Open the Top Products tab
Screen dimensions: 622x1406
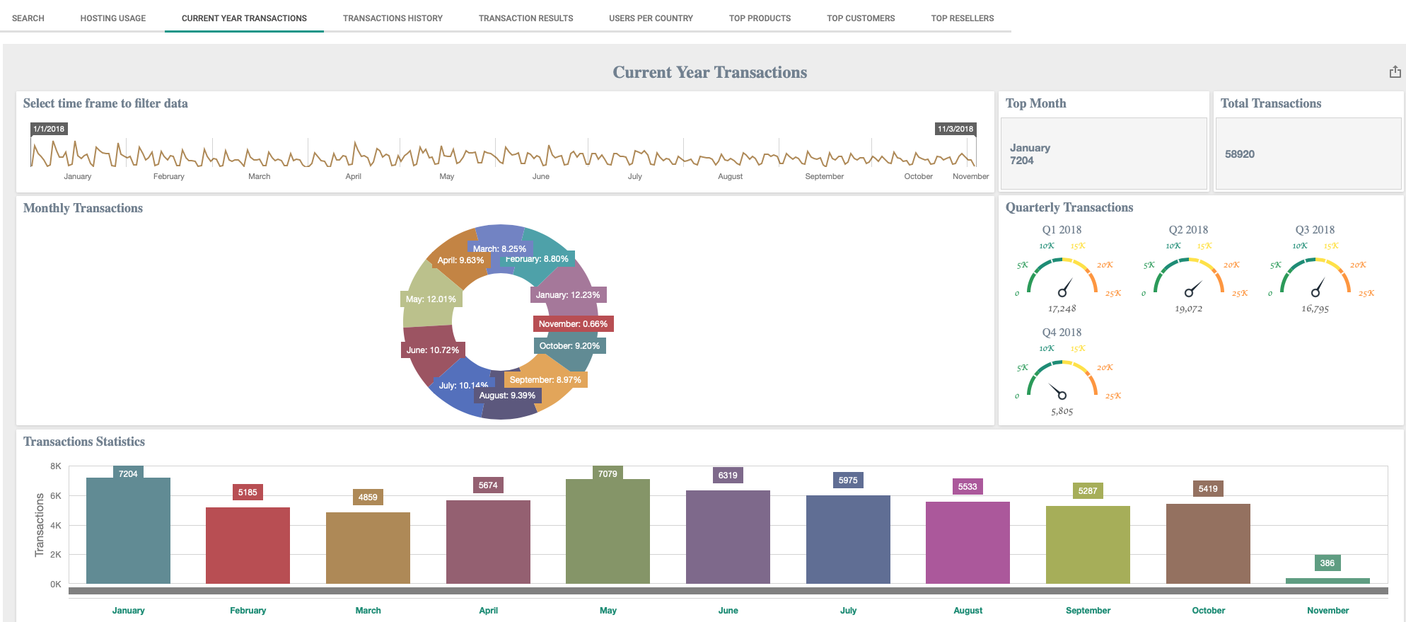(x=760, y=18)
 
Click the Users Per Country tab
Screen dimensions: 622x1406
(x=651, y=18)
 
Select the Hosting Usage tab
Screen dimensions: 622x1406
(x=112, y=18)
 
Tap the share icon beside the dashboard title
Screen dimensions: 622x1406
(x=1395, y=72)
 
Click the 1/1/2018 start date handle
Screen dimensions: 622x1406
(x=49, y=129)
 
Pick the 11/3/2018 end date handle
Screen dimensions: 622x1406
(x=955, y=129)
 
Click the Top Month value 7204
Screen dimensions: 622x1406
(x=1021, y=161)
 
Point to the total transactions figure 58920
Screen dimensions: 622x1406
(x=1240, y=154)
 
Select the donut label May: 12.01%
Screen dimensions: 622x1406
(x=431, y=299)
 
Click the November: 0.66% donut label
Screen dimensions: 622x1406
(x=573, y=324)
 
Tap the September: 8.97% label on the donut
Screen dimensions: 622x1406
(x=545, y=380)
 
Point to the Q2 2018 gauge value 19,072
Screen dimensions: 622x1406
(x=1188, y=309)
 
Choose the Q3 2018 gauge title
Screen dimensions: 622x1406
(x=1315, y=230)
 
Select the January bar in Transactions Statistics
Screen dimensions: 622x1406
(x=128, y=531)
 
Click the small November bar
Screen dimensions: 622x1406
(x=1327, y=581)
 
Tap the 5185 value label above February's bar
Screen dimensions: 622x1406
(x=248, y=493)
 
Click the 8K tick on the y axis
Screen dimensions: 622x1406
(x=56, y=466)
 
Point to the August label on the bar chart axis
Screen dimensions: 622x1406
(x=968, y=611)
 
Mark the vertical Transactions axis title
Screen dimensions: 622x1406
(x=40, y=525)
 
